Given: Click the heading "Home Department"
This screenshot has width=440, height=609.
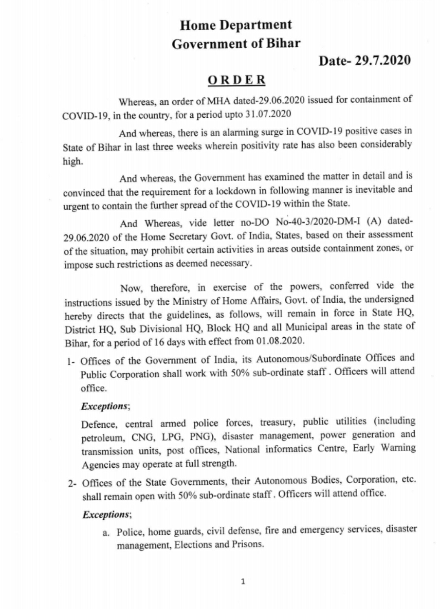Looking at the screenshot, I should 236,25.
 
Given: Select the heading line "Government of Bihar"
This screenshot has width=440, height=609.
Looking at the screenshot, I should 236,44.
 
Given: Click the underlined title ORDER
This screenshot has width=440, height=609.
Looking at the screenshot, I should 237,79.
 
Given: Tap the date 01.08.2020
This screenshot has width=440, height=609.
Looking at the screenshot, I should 280,341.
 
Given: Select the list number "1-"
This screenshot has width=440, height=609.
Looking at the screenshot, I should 72,361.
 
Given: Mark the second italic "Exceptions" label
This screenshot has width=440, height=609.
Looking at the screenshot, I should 106,514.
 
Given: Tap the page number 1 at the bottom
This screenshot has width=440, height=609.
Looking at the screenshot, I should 243,582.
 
